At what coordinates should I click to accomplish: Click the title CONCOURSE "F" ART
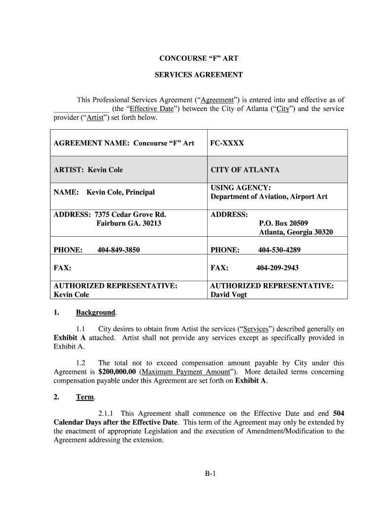coord(198,58)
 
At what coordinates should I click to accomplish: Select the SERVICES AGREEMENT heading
coord(198,75)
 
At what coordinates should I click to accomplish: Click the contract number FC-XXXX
coord(227,143)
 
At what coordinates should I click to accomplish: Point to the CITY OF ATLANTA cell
coord(245,170)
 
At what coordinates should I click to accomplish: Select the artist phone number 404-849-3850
coord(118,250)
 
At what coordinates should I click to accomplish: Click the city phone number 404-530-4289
coord(279,250)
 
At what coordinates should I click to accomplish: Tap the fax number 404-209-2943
coord(277,268)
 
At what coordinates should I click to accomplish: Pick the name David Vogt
coord(228,295)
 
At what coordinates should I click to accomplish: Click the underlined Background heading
coord(95,313)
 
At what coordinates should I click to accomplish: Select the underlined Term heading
coord(84,397)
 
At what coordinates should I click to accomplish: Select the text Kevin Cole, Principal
coord(120,192)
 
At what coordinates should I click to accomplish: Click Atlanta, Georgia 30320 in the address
coord(296,232)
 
